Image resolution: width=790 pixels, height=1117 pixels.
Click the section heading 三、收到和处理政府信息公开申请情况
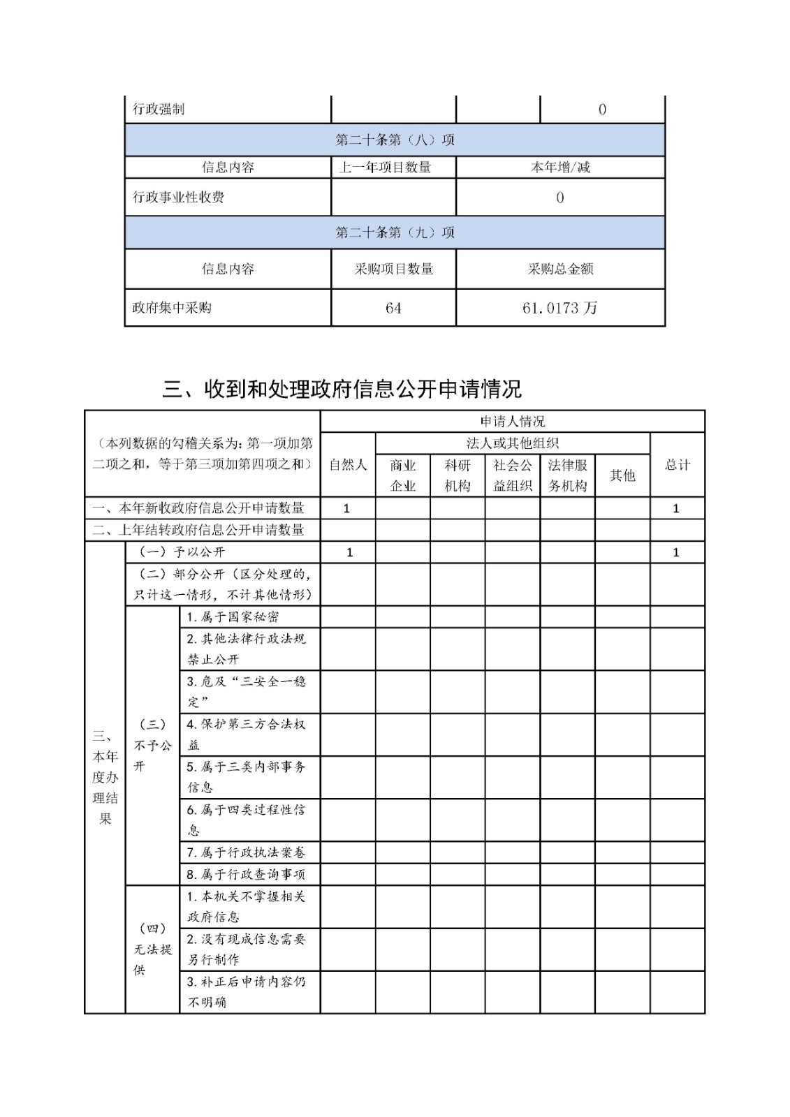(342, 389)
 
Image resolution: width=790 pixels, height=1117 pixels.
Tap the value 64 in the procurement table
(393, 308)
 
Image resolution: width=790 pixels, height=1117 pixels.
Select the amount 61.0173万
(559, 308)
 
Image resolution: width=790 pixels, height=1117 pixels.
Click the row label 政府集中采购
(172, 308)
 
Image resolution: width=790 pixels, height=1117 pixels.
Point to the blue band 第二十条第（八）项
(395, 140)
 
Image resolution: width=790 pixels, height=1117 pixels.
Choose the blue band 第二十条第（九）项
(395, 232)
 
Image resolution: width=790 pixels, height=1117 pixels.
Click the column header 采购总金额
(560, 269)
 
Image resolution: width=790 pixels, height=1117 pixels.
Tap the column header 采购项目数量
(393, 269)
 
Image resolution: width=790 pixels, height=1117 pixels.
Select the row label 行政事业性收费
(178, 197)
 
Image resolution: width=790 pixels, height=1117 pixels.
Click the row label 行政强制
(159, 109)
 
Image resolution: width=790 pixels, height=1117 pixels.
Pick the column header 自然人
(348, 465)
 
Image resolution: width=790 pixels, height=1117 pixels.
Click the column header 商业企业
(403, 475)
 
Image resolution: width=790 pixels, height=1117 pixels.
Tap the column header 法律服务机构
(567, 475)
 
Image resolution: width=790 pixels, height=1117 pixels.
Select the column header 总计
(677, 465)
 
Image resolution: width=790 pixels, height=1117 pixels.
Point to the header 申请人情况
(512, 421)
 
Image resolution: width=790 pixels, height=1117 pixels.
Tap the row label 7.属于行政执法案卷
(245, 852)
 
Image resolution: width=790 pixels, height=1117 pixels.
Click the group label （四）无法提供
(152, 949)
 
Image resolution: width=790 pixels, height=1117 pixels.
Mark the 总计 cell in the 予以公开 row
(676, 552)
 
